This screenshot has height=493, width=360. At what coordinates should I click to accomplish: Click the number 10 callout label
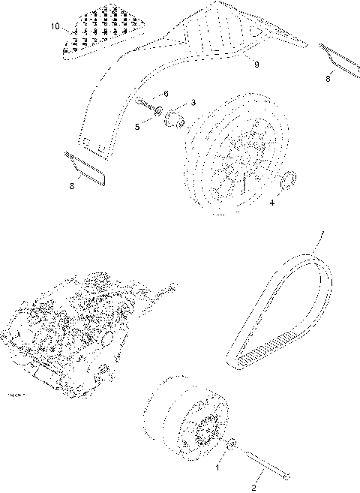point(55,26)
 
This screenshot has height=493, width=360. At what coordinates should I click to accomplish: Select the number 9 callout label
point(256,65)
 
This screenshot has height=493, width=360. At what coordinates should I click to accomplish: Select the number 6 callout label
point(166,93)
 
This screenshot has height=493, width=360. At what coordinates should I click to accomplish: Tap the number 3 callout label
point(193,101)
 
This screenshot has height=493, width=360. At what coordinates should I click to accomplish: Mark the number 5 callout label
point(137,127)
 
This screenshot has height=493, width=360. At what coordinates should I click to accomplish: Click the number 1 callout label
point(218,466)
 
